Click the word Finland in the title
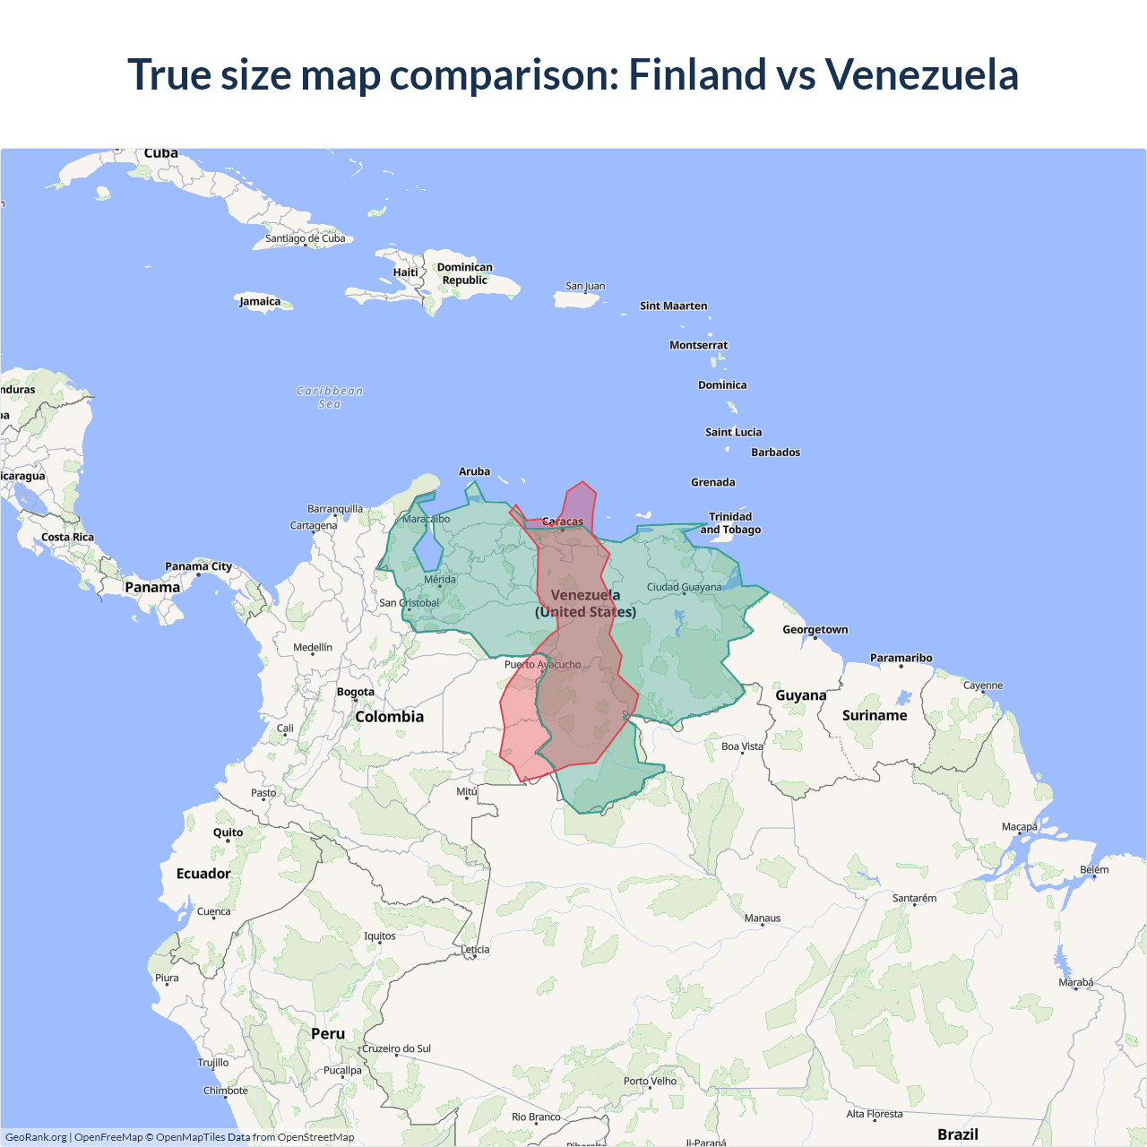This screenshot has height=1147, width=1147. point(697,74)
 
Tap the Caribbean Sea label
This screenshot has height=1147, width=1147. point(330,397)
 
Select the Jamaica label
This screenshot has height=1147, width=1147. point(260,302)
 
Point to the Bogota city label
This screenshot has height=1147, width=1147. point(356,692)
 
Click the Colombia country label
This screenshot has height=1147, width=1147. point(389,717)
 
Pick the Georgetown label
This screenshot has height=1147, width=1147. point(815,630)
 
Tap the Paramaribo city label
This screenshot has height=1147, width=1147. point(901,659)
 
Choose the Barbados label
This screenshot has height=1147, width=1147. point(775,453)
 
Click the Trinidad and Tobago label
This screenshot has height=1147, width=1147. point(730,523)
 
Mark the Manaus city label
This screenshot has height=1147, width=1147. point(763,918)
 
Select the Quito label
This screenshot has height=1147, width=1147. point(228,832)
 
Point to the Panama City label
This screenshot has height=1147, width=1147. point(198,566)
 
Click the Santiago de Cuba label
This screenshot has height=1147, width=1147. point(305,238)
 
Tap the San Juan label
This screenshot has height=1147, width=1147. point(585,287)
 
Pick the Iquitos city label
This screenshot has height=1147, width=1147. point(379,936)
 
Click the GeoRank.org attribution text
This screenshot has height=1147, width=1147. point(36,1137)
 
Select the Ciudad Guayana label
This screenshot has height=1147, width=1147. point(684,588)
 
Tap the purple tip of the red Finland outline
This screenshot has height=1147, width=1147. point(581,498)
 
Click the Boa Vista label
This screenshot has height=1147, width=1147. point(742,746)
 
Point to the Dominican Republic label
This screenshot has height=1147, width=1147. point(464,273)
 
